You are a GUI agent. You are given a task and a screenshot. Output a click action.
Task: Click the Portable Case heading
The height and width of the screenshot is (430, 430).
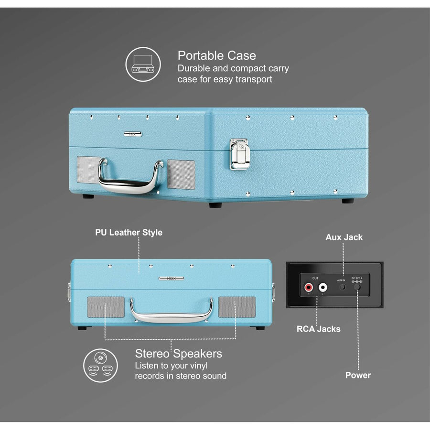216,55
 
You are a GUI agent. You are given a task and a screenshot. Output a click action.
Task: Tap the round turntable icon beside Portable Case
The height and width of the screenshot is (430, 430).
142,64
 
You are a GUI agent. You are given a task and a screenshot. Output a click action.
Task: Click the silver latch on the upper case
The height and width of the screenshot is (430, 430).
239,154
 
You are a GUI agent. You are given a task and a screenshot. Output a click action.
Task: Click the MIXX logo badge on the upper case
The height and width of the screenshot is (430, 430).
133,134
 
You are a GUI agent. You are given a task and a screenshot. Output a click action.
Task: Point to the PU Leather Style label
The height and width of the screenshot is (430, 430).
128,233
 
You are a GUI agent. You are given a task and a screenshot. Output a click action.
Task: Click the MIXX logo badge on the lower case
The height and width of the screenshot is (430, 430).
171,278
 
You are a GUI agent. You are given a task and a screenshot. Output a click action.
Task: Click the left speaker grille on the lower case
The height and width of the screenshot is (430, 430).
105,307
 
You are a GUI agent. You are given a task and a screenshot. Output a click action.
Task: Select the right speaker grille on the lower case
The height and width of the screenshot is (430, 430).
236,307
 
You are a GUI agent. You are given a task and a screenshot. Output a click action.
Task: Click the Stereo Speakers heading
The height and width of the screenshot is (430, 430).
178,354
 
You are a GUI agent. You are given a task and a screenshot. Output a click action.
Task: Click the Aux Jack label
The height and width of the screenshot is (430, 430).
344,237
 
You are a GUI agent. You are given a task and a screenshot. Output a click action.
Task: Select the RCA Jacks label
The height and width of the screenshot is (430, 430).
318,329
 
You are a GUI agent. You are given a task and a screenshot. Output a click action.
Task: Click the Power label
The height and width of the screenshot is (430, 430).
358,375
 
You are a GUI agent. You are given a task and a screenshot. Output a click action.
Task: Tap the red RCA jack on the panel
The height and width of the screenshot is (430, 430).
309,288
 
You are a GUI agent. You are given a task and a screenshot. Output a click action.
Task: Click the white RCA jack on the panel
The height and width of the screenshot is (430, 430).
323,288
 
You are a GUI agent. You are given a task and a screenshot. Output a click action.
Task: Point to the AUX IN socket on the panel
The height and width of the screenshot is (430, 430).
342,287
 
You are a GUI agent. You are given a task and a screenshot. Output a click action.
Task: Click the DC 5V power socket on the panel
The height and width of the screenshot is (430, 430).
357,287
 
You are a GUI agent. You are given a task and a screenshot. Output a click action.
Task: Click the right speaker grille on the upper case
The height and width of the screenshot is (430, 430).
181,174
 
